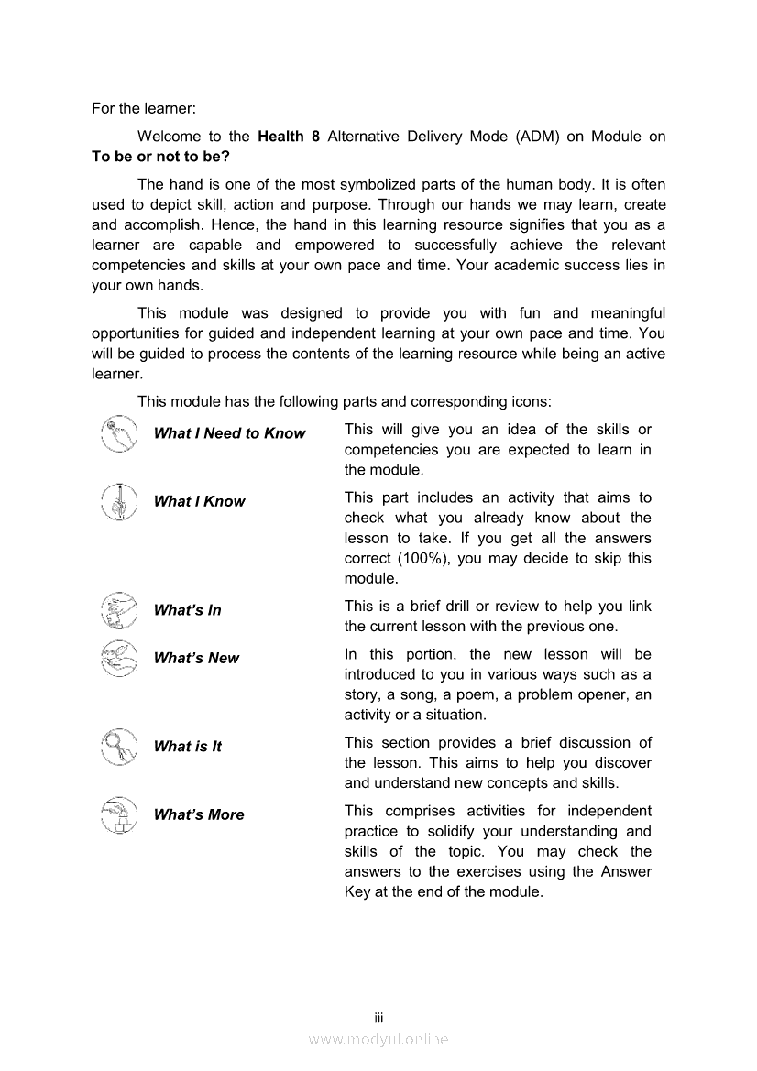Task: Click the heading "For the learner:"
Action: [x=144, y=108]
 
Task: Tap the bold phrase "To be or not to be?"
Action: [x=160, y=157]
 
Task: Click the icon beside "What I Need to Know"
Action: [x=119, y=433]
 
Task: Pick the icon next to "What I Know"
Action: [x=119, y=501]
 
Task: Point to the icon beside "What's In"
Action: [x=119, y=610]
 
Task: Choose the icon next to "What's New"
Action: [x=119, y=658]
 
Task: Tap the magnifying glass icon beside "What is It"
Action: [x=119, y=746]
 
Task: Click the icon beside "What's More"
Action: [x=119, y=814]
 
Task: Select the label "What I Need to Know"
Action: [x=229, y=433]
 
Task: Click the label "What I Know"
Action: [x=199, y=501]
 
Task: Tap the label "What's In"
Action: [x=187, y=610]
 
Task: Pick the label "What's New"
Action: [x=196, y=658]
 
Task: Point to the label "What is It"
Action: [x=187, y=747]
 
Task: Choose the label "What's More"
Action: [x=199, y=814]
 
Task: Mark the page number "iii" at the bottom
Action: [x=378, y=1018]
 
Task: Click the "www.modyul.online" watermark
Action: [x=378, y=1039]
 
